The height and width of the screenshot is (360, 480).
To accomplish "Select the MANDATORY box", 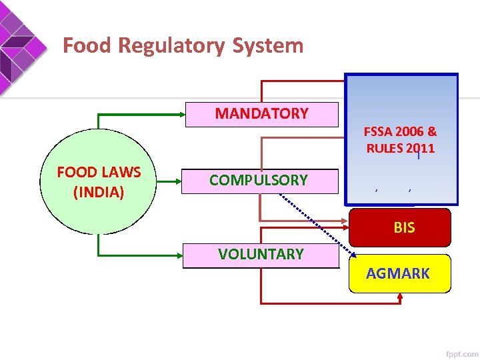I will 261,114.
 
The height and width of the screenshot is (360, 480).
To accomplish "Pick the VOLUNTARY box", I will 261,254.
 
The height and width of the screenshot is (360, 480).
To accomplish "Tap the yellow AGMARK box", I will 399,273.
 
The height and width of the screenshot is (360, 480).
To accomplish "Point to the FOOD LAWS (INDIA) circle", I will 99,181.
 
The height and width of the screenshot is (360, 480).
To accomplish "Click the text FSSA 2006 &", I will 400,132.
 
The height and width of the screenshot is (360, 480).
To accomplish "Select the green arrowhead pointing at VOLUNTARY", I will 179,255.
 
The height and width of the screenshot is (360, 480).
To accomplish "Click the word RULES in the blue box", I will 383,148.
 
